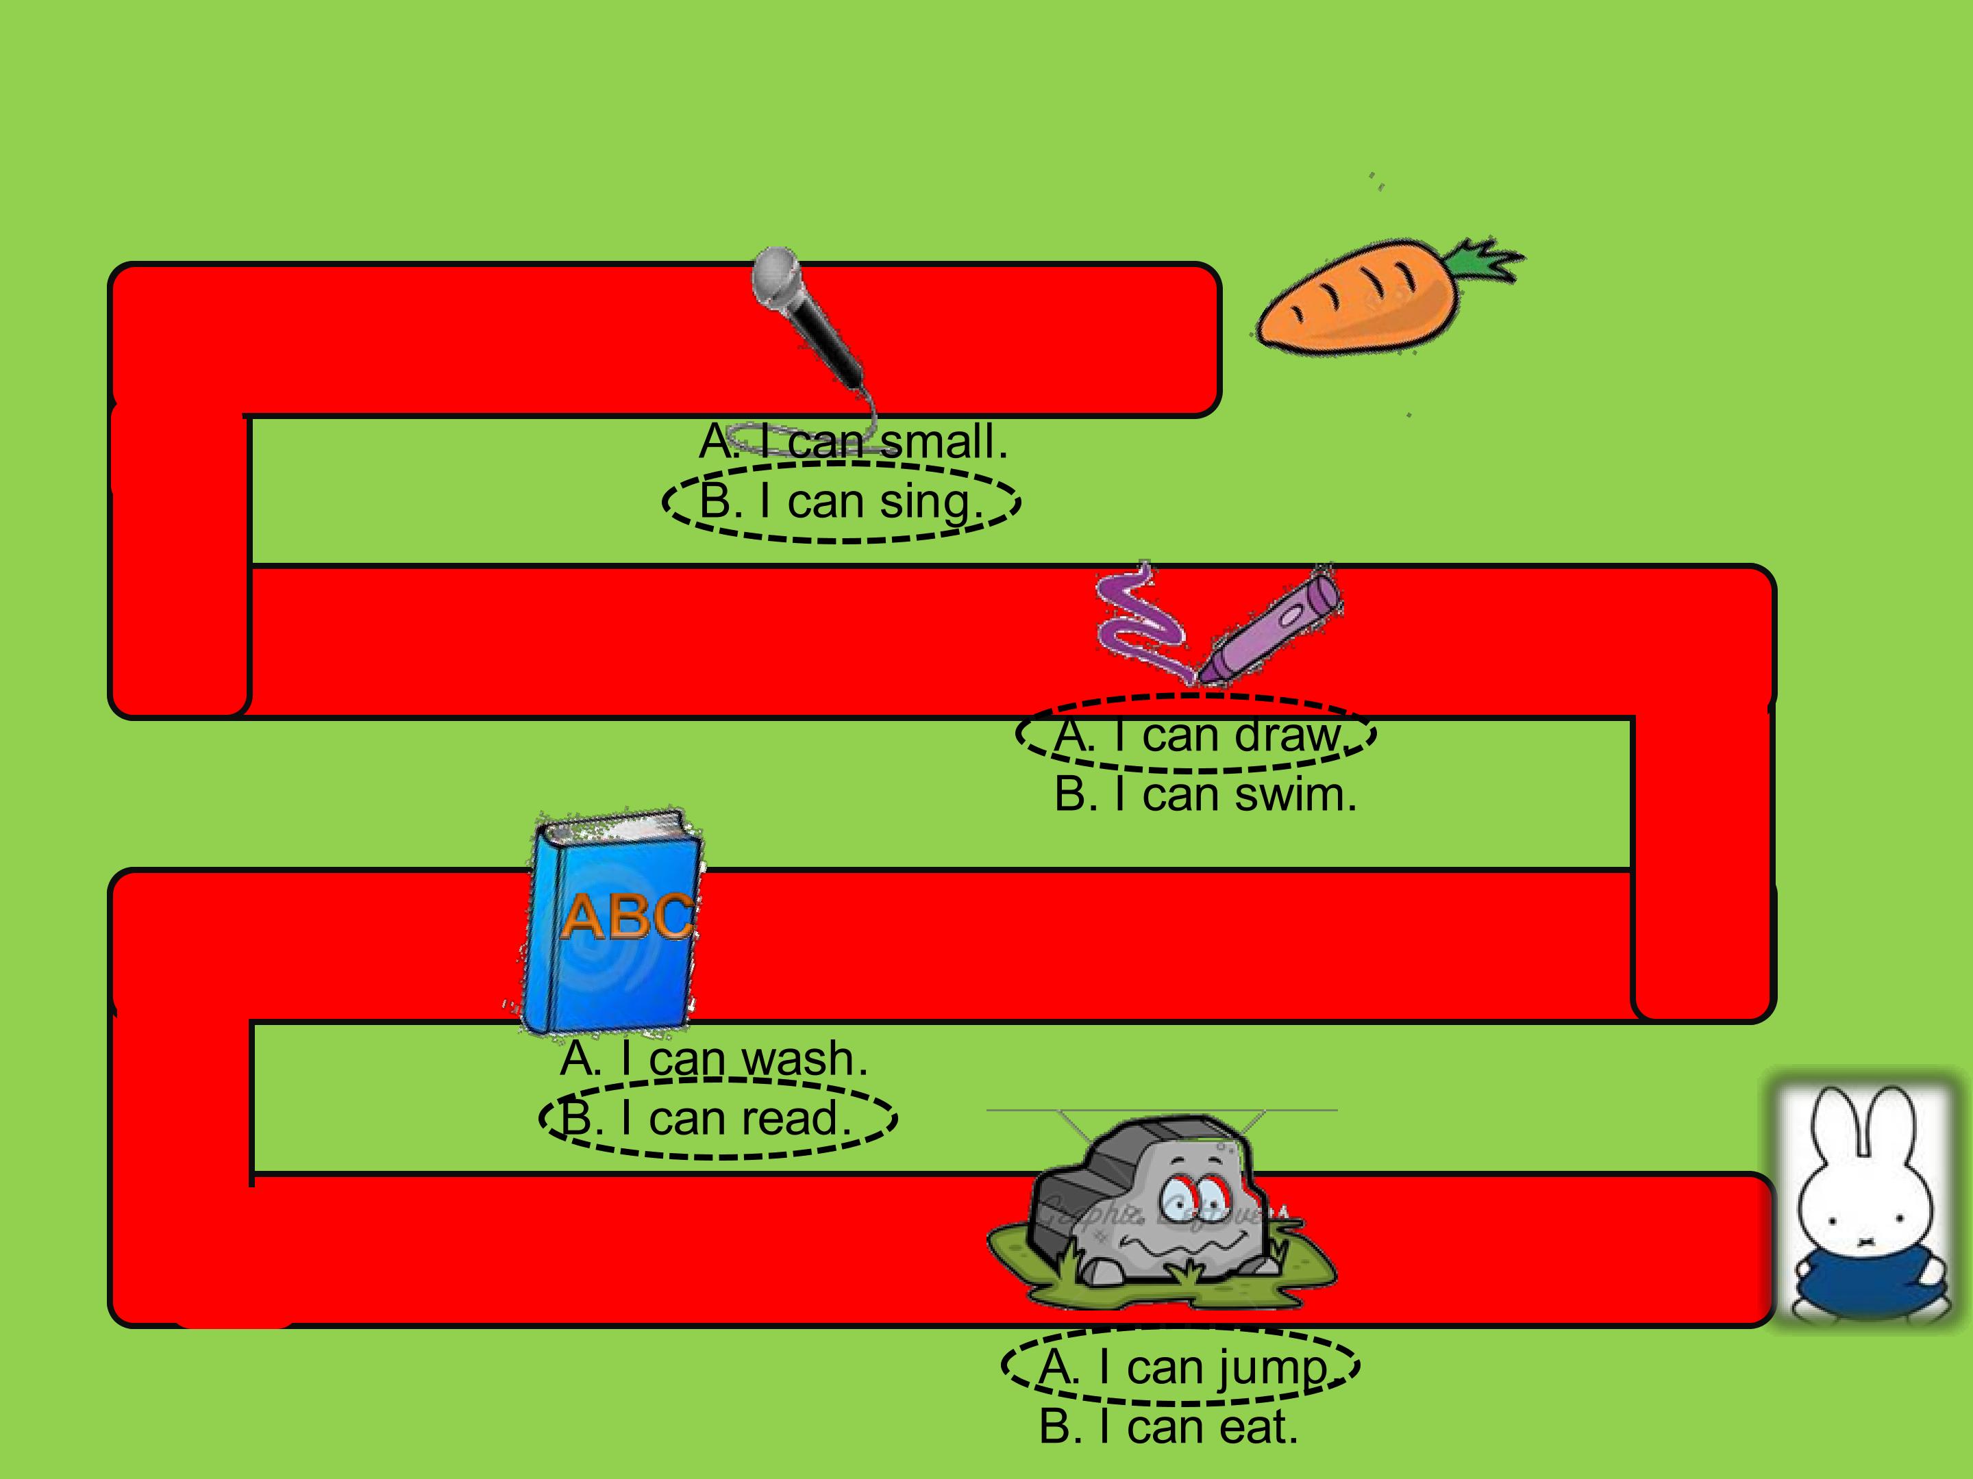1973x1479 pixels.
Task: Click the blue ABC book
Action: point(611,923)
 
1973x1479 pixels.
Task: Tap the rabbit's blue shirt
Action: point(1860,1275)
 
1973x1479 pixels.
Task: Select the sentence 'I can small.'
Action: point(854,441)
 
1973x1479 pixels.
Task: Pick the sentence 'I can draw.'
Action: point(1199,735)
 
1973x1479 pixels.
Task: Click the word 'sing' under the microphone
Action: point(930,504)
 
